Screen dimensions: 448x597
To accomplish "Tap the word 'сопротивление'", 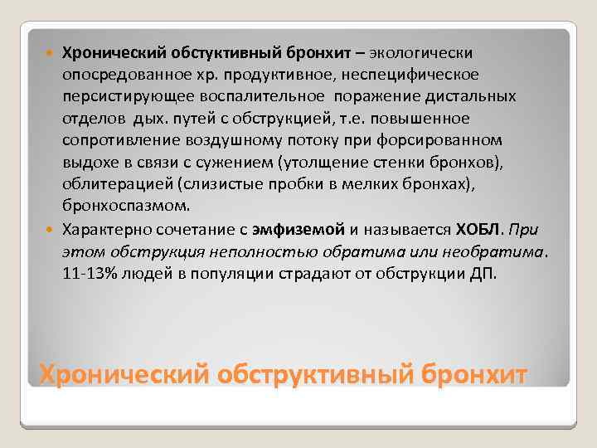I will coord(110,139).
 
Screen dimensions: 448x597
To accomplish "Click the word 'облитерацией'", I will coord(107,183).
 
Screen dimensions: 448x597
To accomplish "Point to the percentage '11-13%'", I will coord(88,274).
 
